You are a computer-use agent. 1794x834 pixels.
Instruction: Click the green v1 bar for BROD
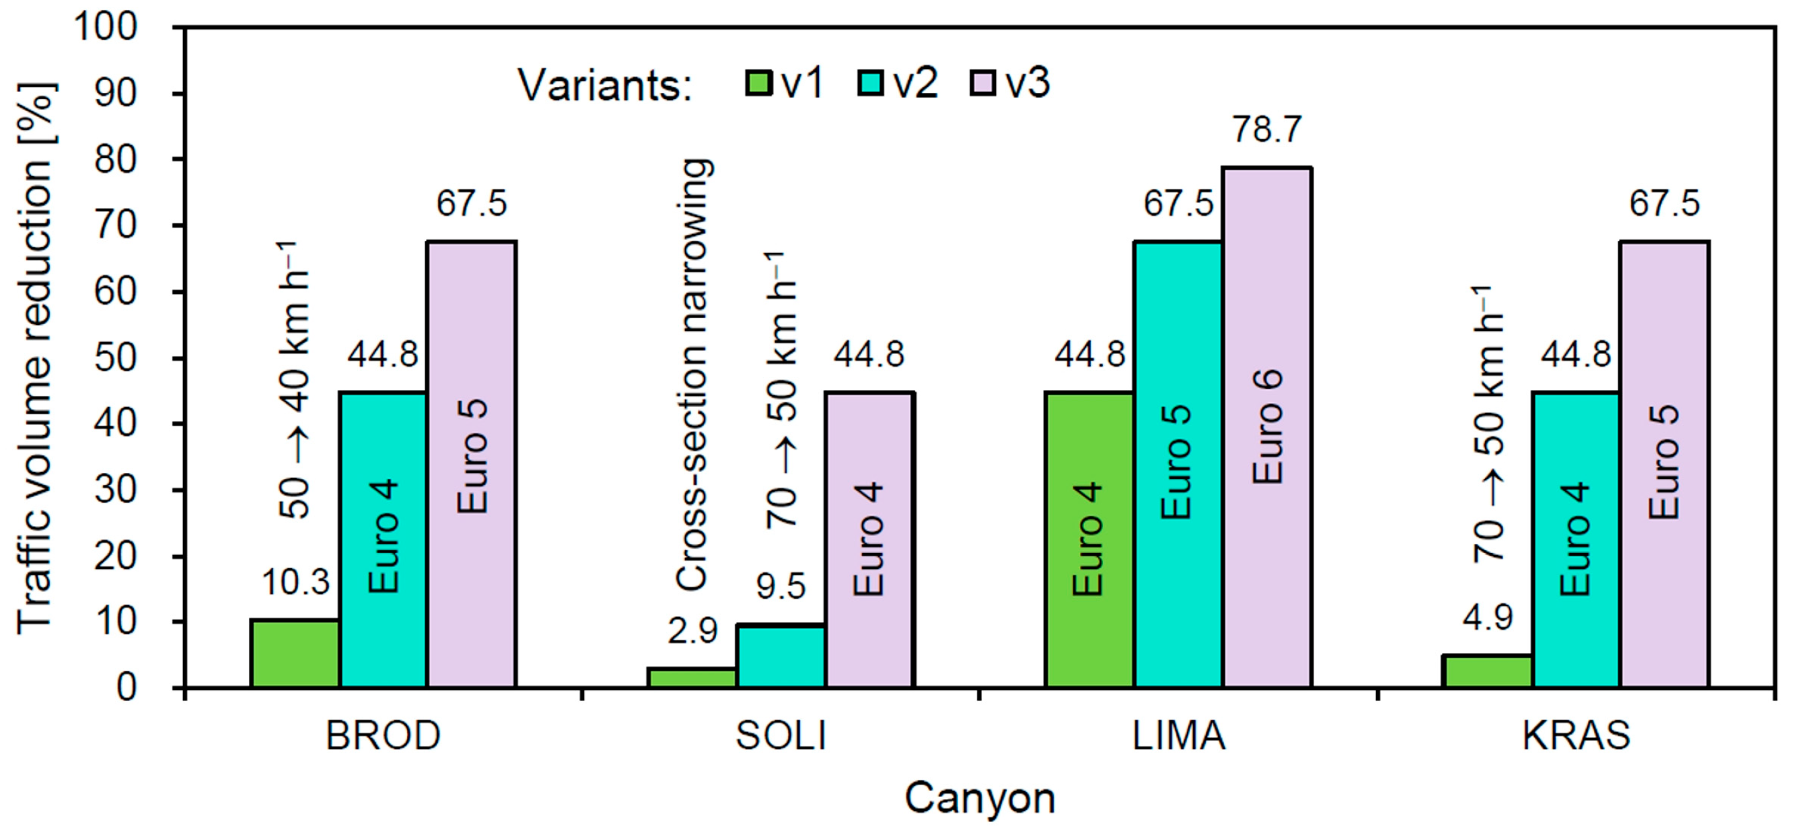[x=295, y=653]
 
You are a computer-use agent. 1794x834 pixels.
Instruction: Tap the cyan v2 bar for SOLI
[x=781, y=656]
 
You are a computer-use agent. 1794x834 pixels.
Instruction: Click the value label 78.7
[x=1268, y=130]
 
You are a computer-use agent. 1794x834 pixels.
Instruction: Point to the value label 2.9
[x=692, y=631]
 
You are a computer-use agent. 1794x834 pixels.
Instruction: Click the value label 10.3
[x=295, y=582]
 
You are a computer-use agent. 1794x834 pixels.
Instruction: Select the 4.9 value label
[x=1488, y=617]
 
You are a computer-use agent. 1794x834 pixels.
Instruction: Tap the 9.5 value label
[x=781, y=587]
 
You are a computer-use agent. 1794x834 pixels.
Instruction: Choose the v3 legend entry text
[x=1028, y=83]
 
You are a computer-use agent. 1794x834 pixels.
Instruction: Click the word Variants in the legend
[x=604, y=86]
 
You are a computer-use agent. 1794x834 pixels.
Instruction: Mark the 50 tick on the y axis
[x=116, y=358]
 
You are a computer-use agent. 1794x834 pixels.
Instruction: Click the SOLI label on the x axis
[x=781, y=736]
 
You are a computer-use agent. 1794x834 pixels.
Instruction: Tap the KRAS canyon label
[x=1577, y=736]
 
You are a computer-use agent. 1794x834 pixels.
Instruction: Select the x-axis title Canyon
[x=980, y=798]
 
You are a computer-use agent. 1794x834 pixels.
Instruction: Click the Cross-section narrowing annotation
[x=694, y=376]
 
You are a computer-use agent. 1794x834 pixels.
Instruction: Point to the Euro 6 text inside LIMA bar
[x=1268, y=426]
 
